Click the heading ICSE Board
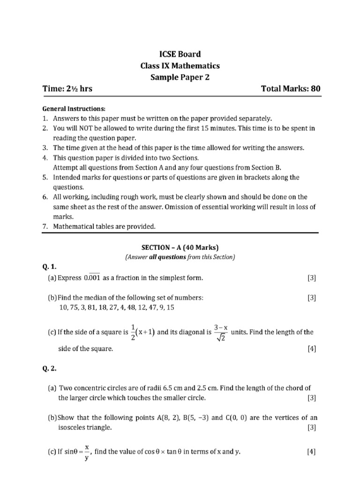[x=180, y=54]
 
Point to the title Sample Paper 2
[x=180, y=77]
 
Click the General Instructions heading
[x=72, y=109]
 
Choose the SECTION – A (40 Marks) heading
[x=180, y=247]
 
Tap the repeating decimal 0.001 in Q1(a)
[x=92, y=278]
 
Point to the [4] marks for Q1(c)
[x=312, y=349]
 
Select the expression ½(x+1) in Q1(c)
[x=143, y=332]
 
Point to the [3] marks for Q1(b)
[x=312, y=298]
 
